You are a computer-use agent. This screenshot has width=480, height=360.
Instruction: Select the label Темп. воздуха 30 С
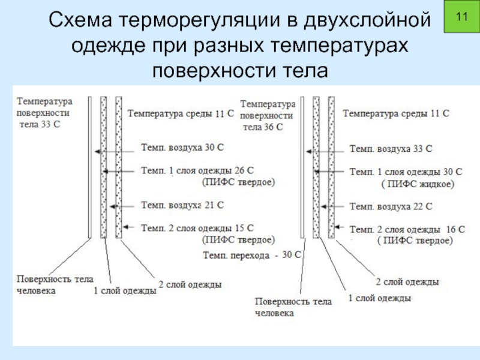coord(182,146)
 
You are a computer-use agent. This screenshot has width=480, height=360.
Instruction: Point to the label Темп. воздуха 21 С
coord(182,205)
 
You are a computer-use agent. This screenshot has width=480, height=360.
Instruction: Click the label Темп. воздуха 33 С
coord(391,148)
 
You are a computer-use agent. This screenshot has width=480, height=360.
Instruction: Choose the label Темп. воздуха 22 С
coord(391,206)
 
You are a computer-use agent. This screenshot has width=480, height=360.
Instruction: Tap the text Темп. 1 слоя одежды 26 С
coord(197,170)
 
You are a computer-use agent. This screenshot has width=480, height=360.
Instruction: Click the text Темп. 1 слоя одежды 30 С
coord(406,172)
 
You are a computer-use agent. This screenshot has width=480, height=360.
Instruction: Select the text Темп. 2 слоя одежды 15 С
coord(197,228)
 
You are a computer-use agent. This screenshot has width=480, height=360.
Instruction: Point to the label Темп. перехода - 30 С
coord(251,256)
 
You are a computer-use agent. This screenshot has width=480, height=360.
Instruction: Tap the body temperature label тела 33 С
coord(40,125)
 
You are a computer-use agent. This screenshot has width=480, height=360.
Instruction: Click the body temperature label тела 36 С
coord(263,127)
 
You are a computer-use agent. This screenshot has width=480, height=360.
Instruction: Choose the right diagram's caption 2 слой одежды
coord(407,281)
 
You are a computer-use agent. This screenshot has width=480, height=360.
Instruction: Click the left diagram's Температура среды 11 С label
coord(180,113)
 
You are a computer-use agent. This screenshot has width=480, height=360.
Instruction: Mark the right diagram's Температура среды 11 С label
coord(396,113)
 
